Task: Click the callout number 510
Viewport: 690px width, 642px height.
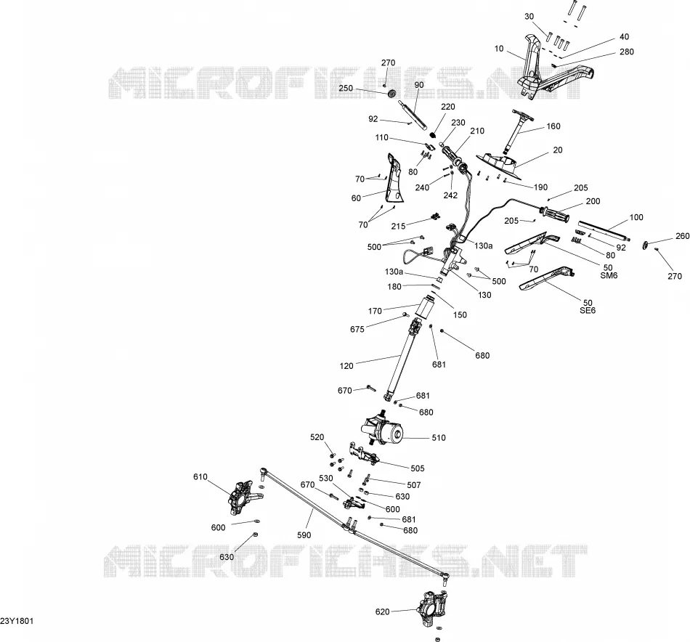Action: coord(439,438)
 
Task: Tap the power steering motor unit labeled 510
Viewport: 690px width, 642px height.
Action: coord(382,427)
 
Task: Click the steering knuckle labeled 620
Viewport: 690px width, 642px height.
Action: coord(432,608)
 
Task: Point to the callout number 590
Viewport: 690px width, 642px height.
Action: coord(304,535)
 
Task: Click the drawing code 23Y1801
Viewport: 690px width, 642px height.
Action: coord(17,621)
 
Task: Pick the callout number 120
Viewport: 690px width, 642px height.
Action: coord(346,365)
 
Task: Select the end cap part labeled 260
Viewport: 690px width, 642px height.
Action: coord(645,245)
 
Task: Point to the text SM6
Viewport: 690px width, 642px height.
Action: coord(609,275)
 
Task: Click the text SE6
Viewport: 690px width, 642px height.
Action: coord(588,310)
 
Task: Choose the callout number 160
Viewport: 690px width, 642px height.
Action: coord(553,126)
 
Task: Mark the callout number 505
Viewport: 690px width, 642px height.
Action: coord(417,468)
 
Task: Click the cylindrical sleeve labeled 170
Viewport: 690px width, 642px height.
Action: coord(425,306)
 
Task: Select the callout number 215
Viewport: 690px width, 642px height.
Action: coord(398,226)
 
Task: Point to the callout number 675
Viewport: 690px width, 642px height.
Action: coord(357,329)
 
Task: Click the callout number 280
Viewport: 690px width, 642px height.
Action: coord(627,52)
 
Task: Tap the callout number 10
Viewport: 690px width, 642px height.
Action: coord(499,49)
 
